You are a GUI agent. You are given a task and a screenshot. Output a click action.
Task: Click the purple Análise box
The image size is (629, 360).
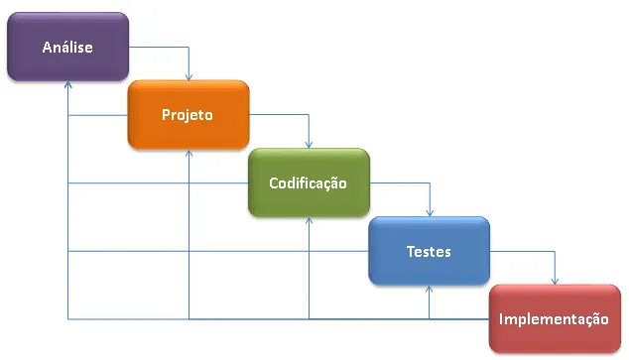click(67, 47)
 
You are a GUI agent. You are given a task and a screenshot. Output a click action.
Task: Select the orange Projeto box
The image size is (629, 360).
click(188, 114)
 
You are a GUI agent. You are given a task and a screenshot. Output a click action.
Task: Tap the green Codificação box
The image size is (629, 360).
click(309, 182)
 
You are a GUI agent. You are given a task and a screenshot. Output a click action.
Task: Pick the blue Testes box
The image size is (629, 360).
click(429, 251)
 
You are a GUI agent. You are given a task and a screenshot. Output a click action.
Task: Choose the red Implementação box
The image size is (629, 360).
click(554, 318)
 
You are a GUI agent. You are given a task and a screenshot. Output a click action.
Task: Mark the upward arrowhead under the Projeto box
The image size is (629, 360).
click(189, 154)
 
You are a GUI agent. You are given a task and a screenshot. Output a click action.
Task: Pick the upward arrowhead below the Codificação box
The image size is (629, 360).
click(309, 222)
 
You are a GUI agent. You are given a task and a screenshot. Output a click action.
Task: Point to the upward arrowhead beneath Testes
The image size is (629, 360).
click(430, 291)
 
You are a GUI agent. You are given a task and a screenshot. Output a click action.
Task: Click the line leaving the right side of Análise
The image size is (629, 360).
click(159, 47)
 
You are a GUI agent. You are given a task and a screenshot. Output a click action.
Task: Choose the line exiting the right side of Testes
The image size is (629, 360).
click(522, 252)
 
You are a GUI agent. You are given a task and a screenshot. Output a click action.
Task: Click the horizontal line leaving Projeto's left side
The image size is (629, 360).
click(98, 115)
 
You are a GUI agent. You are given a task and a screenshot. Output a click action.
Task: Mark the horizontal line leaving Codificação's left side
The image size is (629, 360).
click(159, 183)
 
